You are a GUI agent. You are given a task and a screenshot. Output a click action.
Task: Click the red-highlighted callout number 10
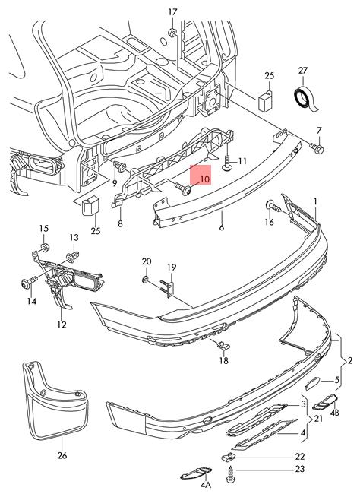coord(204,179)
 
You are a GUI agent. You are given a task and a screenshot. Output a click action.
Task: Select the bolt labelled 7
coord(317,147)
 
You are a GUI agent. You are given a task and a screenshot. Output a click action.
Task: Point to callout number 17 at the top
coord(173,12)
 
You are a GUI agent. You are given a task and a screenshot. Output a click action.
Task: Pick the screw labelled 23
coord(230,475)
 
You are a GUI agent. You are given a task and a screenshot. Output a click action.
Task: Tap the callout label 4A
coord(205,484)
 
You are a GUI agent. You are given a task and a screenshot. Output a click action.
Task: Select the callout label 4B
coord(334,412)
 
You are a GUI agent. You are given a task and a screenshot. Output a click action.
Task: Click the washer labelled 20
coord(146,279)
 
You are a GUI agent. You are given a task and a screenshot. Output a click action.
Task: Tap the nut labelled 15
coord(45,247)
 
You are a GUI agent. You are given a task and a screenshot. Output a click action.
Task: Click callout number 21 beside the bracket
coord(318,419)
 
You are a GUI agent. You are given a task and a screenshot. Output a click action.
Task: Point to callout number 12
coord(62,325)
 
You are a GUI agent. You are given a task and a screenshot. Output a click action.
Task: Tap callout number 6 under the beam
coord(222,226)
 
